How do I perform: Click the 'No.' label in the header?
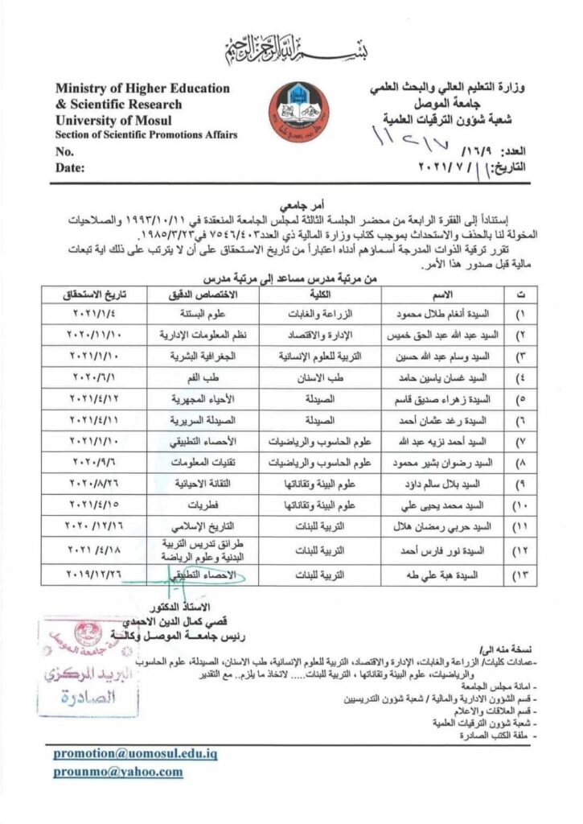64,150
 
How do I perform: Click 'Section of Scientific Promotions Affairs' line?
146,134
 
